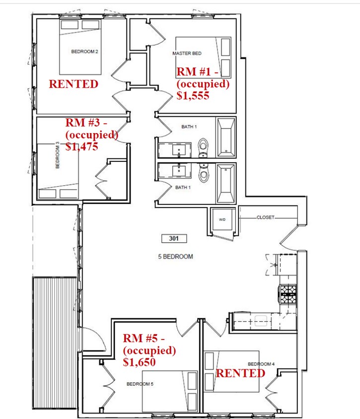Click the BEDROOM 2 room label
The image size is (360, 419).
pyautogui.click(x=84, y=51)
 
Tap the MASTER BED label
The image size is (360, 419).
pyautogui.click(x=187, y=54)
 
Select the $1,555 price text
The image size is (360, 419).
pyautogui.click(x=193, y=95)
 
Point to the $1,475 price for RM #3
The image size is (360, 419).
pyautogui.click(x=82, y=146)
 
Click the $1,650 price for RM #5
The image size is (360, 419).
pyautogui.click(x=139, y=362)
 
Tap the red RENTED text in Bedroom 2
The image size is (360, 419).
pyautogui.click(x=73, y=84)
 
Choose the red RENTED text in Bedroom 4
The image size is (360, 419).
pyautogui.click(x=240, y=373)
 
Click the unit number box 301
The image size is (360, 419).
pyautogui.click(x=174, y=238)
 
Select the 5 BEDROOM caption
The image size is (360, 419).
pyautogui.click(x=175, y=257)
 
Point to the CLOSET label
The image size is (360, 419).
pyautogui.click(x=265, y=217)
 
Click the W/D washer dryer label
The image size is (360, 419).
pyautogui.click(x=222, y=219)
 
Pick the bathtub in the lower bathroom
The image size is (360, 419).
pyautogui.click(x=226, y=184)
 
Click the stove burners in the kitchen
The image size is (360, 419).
pyautogui.click(x=288, y=294)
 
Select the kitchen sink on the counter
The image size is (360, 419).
pyautogui.click(x=261, y=321)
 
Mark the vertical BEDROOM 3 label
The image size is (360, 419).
pyautogui.click(x=58, y=155)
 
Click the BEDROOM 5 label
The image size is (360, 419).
pyautogui.click(x=140, y=384)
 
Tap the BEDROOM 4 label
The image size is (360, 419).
pyautogui.click(x=261, y=364)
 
